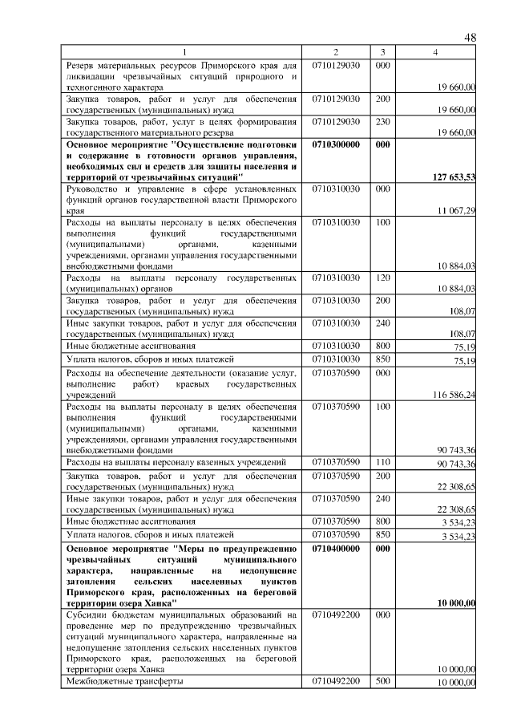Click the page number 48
(470, 38)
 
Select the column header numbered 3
(383, 51)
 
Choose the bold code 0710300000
(336, 144)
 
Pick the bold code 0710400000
(336, 547)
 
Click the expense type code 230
(382, 121)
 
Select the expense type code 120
(382, 277)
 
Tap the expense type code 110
(382, 463)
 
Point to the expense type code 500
(382, 681)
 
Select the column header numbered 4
(434, 51)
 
